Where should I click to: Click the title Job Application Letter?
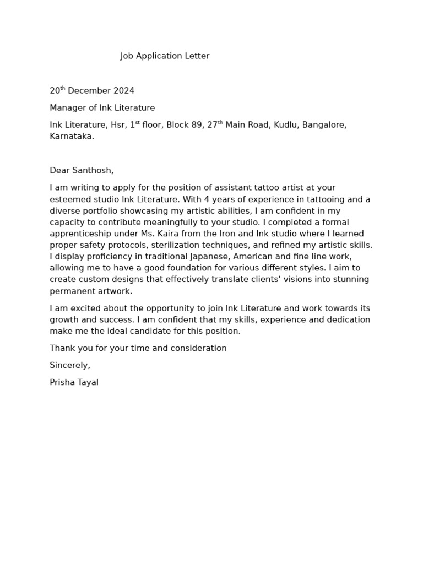point(165,56)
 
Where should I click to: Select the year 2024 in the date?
point(124,91)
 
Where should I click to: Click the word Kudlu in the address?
point(283,125)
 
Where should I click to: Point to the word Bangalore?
point(324,125)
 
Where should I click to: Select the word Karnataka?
point(71,137)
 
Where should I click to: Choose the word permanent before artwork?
point(71,291)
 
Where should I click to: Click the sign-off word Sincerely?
point(69,365)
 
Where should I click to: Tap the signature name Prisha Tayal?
point(74,382)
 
